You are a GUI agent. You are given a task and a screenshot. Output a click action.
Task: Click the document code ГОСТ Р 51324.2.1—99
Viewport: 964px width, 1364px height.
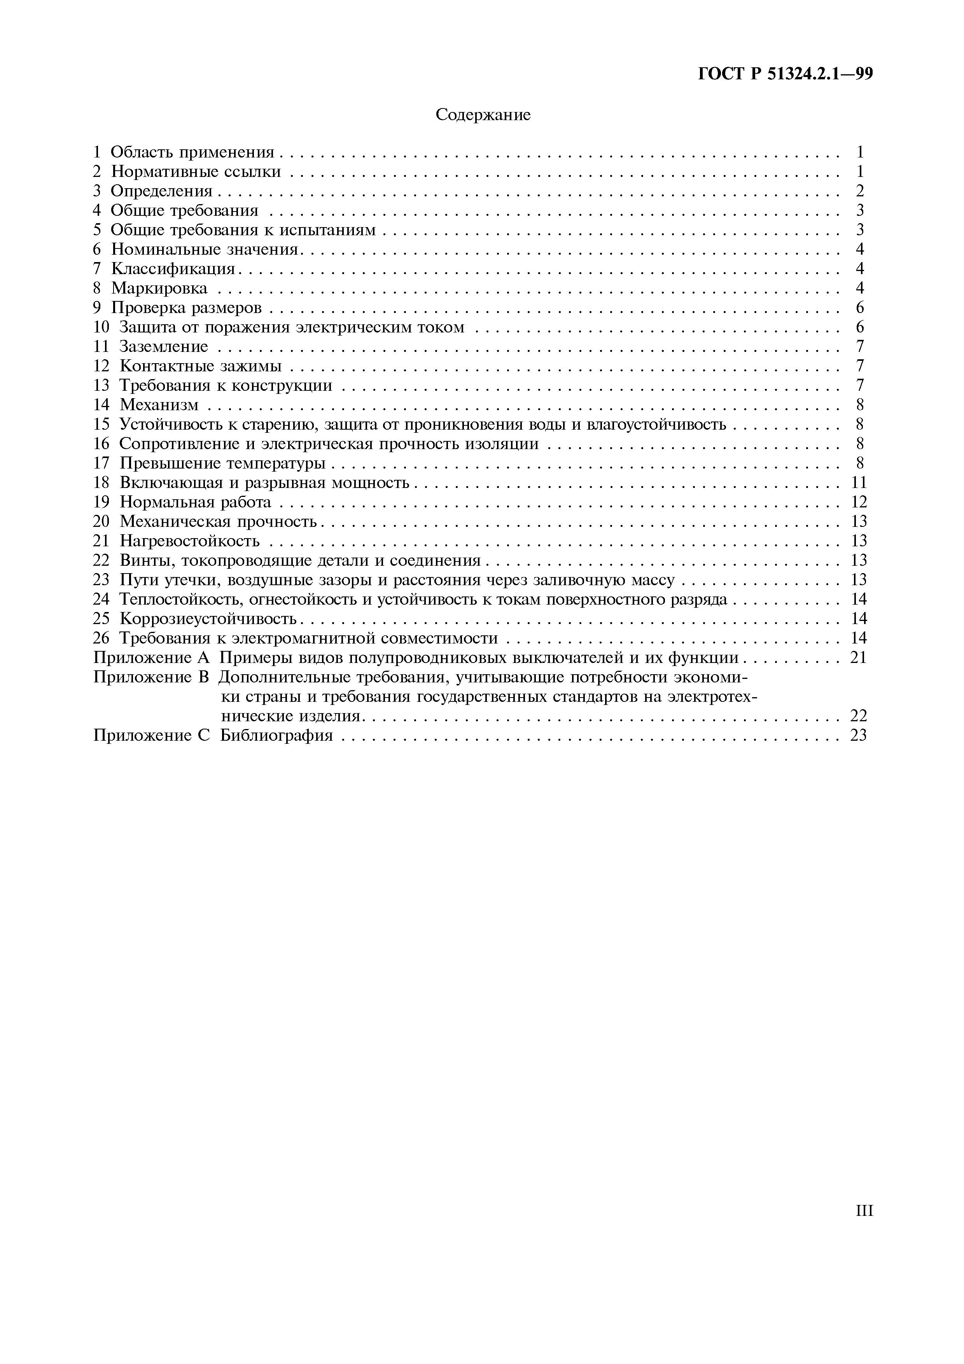785,73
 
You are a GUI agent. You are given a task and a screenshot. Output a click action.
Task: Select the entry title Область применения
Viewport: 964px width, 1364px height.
192,153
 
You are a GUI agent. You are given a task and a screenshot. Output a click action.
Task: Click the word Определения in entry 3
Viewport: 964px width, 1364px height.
161,191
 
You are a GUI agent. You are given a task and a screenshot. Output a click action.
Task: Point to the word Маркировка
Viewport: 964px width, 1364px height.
159,289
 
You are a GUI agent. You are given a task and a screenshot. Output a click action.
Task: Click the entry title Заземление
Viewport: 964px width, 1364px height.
164,347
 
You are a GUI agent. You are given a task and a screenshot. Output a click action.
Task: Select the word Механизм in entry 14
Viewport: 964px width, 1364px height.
159,405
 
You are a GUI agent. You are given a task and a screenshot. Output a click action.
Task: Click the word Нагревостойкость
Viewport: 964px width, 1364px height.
189,541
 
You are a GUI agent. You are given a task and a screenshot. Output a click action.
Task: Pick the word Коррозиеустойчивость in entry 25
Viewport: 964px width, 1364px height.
208,619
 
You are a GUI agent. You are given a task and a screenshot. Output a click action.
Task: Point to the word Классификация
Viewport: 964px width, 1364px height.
173,269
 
